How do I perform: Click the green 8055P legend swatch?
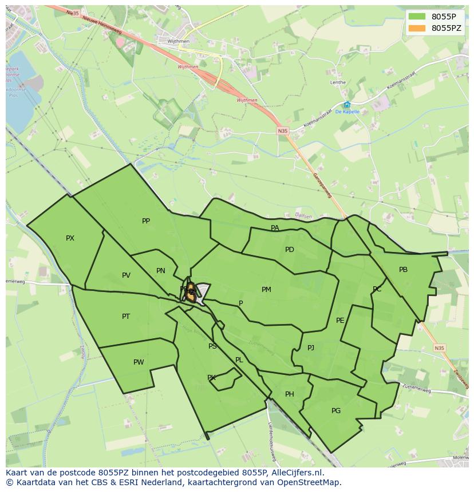pyautogui.click(x=417, y=17)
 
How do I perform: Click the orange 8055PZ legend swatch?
pyautogui.click(x=417, y=28)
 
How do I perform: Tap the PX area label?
pyautogui.click(x=70, y=238)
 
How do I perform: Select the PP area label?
pyautogui.click(x=146, y=221)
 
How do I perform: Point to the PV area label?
pyautogui.click(x=126, y=275)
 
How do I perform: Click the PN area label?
pyautogui.click(x=161, y=271)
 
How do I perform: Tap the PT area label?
pyautogui.click(x=126, y=317)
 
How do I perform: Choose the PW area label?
pyautogui.click(x=139, y=362)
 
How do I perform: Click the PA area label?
pyautogui.click(x=275, y=228)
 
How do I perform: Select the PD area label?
pyautogui.click(x=290, y=250)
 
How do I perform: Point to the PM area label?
pyautogui.click(x=266, y=290)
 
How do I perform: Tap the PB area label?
pyautogui.click(x=403, y=270)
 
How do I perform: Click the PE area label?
pyautogui.click(x=340, y=321)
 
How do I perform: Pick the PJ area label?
pyautogui.click(x=311, y=347)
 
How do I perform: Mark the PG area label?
pyautogui.click(x=336, y=411)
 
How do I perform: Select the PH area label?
pyautogui.click(x=290, y=394)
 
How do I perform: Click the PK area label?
pyautogui.click(x=211, y=378)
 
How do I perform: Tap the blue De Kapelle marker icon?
pyautogui.click(x=347, y=105)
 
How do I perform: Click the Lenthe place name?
pyautogui.click(x=338, y=82)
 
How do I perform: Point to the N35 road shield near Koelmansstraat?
pyautogui.click(x=283, y=131)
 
